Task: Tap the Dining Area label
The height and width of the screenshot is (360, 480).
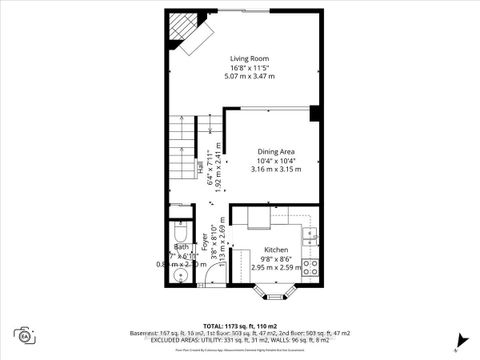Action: (x=275, y=151)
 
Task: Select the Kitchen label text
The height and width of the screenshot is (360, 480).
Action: (x=276, y=250)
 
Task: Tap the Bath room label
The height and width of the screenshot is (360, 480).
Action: (x=181, y=246)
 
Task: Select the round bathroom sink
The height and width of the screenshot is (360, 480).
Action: (x=180, y=274)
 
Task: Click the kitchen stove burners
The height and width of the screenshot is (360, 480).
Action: (x=311, y=267)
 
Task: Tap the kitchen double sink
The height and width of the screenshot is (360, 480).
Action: (x=311, y=237)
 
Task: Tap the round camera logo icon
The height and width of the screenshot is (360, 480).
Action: (x=22, y=334)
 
